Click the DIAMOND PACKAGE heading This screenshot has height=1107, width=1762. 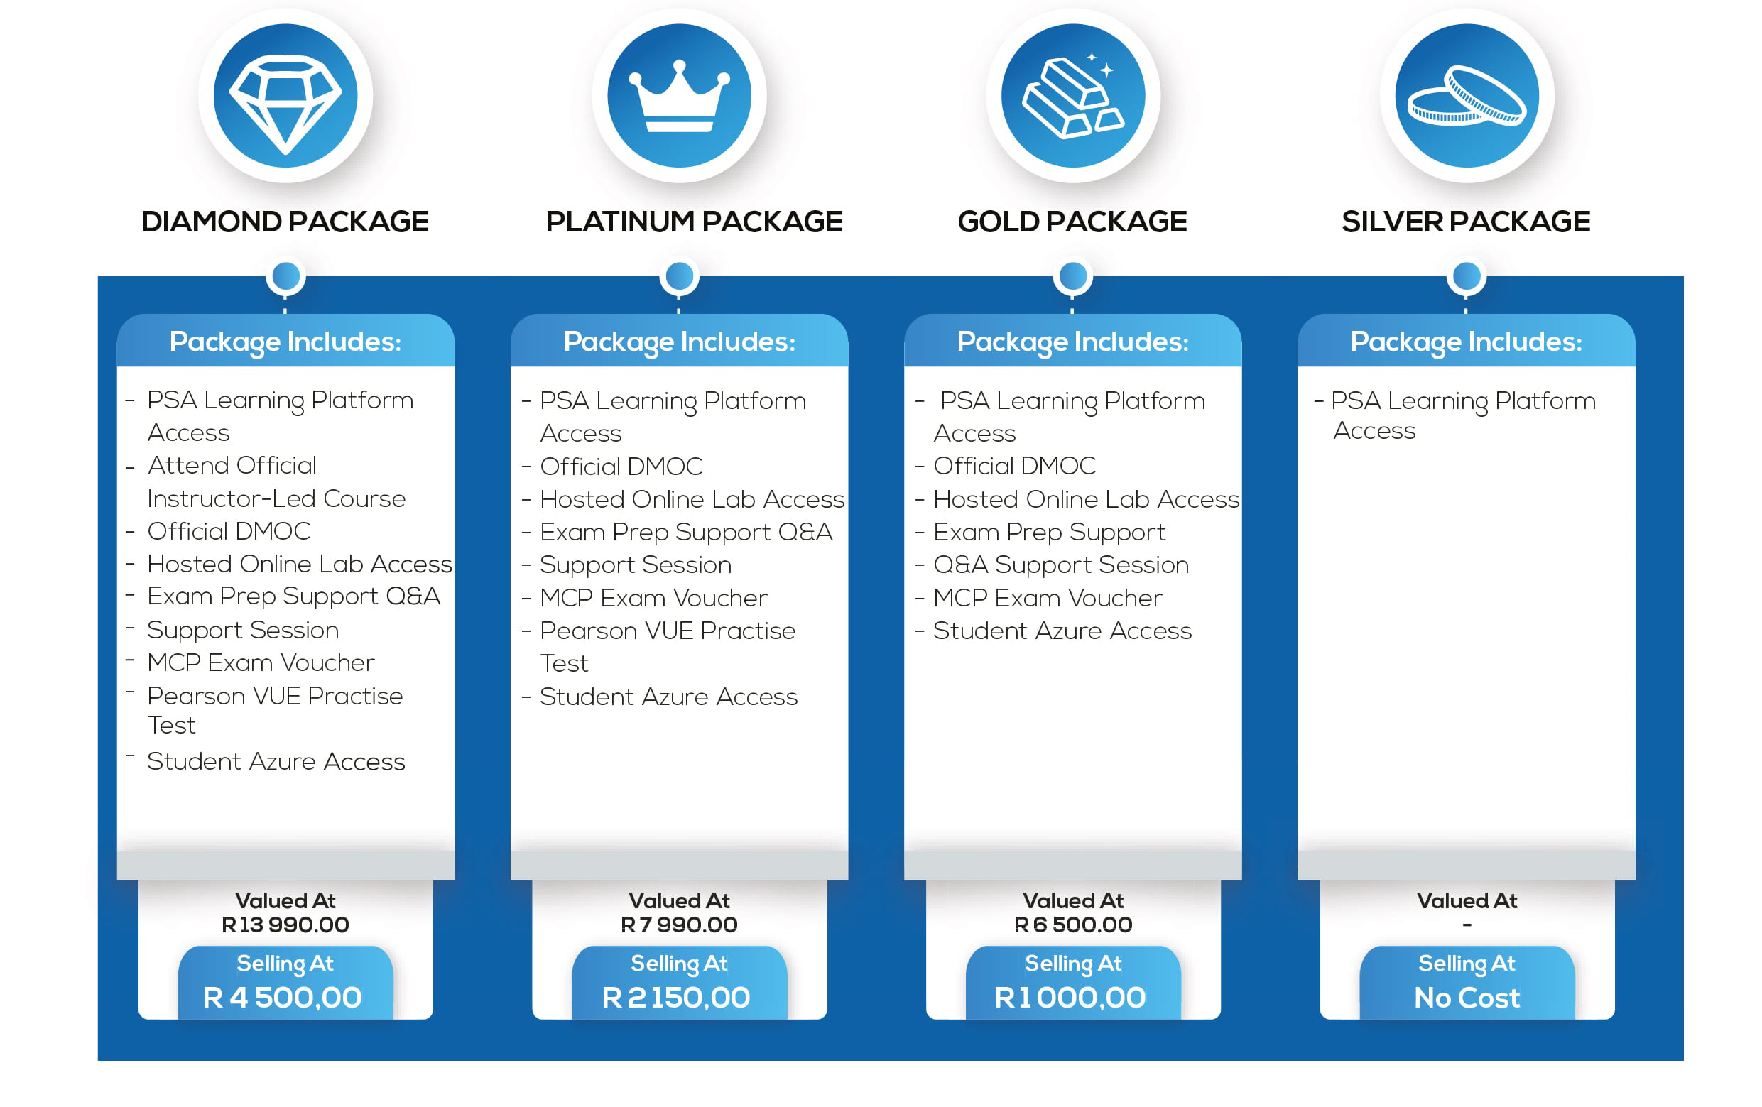coord(285,222)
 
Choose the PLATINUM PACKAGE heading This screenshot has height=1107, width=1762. coord(694,222)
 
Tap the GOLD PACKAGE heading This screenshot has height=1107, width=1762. coord(1072,222)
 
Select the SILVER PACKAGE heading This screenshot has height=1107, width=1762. coord(1466,222)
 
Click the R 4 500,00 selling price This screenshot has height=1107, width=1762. coord(283,997)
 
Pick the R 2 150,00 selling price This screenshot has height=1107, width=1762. coord(676,997)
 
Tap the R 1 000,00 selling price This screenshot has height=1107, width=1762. coord(1070,997)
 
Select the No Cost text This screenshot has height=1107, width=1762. coord(1467,997)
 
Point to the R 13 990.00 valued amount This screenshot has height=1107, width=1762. coord(285,925)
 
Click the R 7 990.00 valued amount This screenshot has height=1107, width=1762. coord(679,925)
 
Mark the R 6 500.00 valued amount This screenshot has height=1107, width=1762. coord(1072,925)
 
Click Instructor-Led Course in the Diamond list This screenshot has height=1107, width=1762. coord(276,499)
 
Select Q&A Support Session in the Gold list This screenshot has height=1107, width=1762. coord(1061,565)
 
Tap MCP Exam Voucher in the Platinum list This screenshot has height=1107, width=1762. coord(653,599)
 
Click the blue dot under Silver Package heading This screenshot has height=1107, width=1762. coord(1467,276)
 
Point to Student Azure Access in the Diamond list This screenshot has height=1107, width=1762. coord(276,762)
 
